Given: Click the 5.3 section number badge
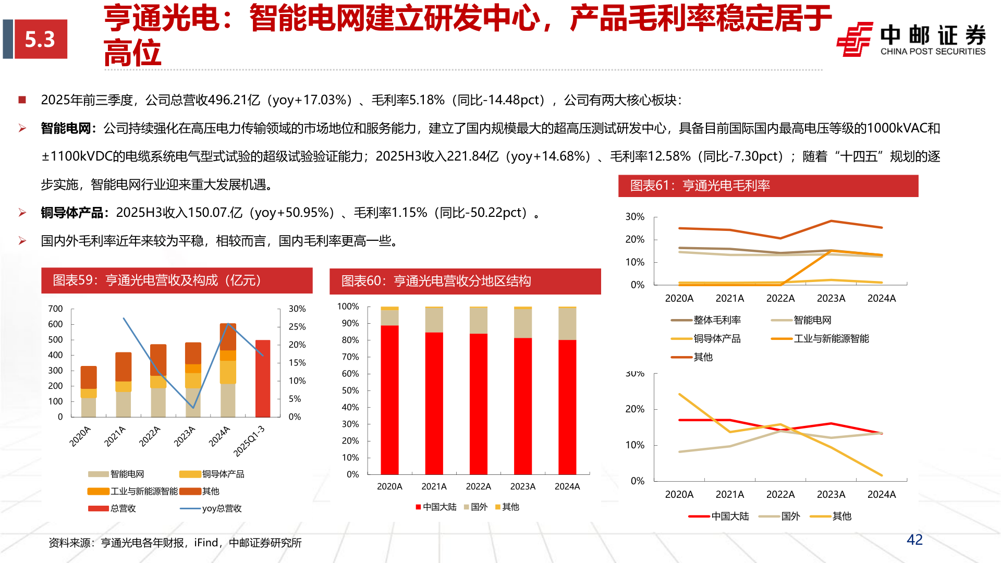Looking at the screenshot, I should [x=40, y=39].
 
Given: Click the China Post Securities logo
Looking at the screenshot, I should [x=911, y=39].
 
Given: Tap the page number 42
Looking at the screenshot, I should [x=914, y=540].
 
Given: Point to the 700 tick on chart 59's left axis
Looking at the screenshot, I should [x=55, y=309].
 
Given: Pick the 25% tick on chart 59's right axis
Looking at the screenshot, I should [x=297, y=327].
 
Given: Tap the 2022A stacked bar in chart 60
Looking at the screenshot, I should [x=478, y=391].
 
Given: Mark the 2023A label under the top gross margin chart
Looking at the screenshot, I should [x=831, y=298].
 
